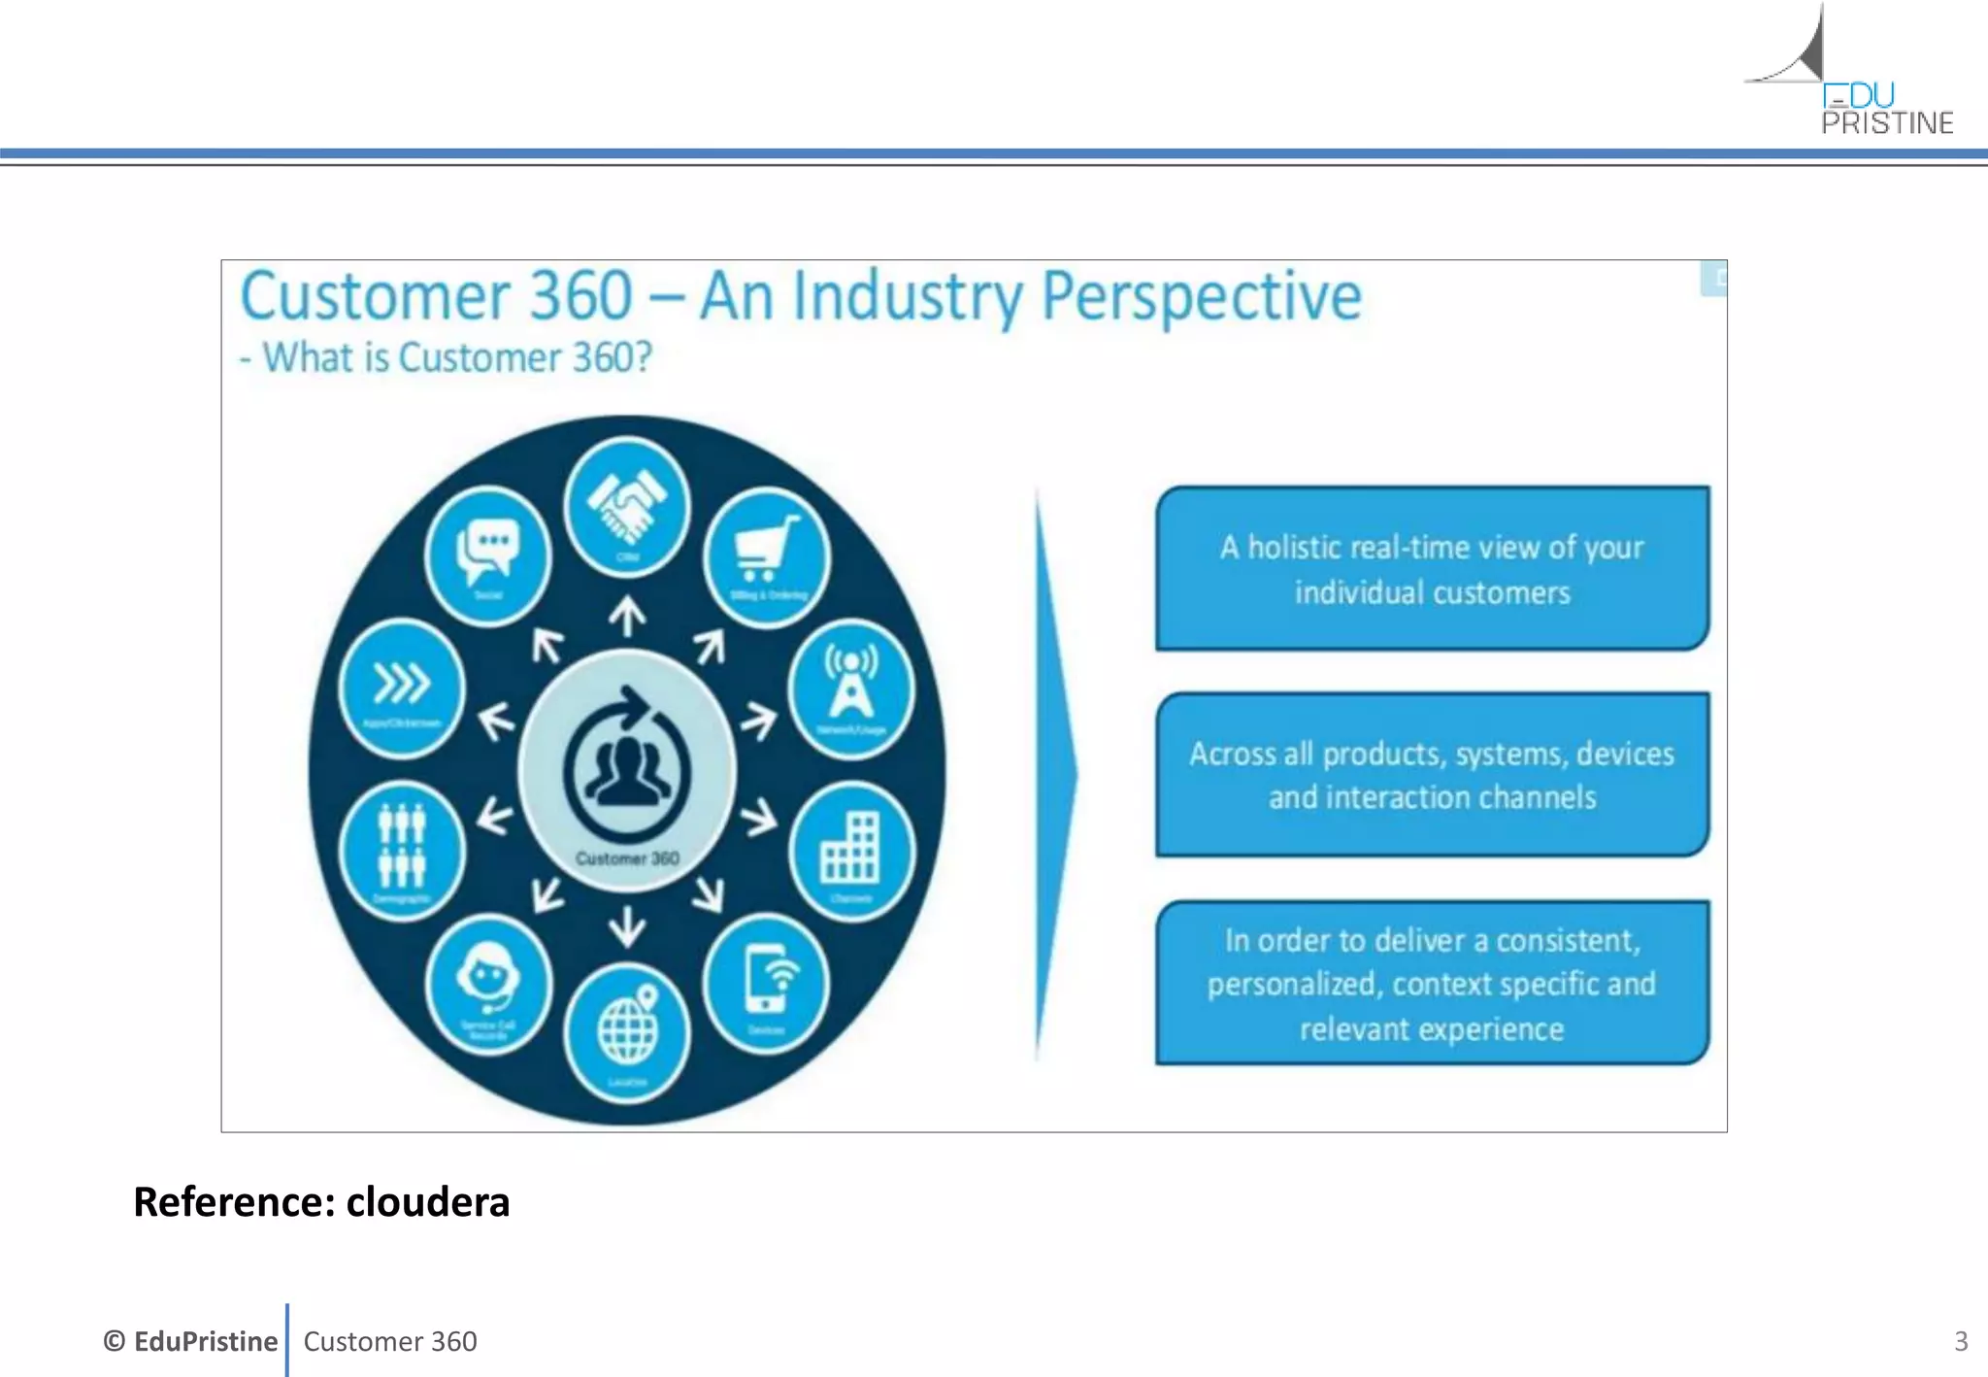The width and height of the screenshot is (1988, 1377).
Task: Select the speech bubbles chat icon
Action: [x=488, y=550]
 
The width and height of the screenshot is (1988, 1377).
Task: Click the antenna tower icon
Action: [x=850, y=683]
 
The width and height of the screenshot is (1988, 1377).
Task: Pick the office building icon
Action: [x=850, y=848]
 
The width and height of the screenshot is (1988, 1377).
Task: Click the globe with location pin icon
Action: [x=627, y=1027]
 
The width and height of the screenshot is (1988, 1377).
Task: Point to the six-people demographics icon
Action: [x=402, y=845]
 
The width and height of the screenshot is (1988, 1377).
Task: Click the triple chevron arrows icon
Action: [x=402, y=684]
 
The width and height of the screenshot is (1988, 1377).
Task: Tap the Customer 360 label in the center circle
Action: [x=627, y=858]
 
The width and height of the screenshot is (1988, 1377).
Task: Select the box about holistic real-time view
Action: [x=1432, y=569]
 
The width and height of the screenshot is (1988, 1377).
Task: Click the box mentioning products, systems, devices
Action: [x=1432, y=775]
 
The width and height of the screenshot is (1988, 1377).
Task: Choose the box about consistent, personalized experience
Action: [x=1432, y=983]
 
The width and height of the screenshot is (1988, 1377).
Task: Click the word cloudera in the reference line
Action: [x=427, y=1202]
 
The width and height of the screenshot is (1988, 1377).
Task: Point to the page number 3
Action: [x=1960, y=1341]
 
